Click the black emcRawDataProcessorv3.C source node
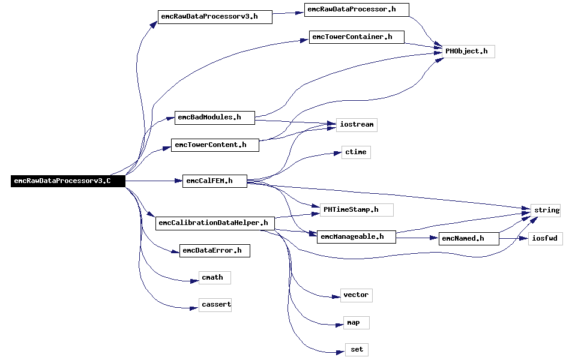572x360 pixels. click(x=68, y=181)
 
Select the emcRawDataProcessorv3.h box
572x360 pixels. click(x=215, y=17)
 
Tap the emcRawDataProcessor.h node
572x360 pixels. click(x=357, y=10)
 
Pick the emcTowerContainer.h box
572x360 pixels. click(x=357, y=37)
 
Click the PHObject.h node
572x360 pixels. click(x=468, y=52)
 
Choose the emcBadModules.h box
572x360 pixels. click(x=214, y=118)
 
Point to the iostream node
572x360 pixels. click(x=357, y=125)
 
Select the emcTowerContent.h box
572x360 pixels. click(x=215, y=145)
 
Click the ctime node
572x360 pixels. click(x=356, y=152)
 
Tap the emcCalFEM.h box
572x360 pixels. click(x=214, y=181)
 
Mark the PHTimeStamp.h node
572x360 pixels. click(x=357, y=210)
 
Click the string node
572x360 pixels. click(x=546, y=211)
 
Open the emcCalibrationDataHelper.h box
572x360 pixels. click(x=215, y=223)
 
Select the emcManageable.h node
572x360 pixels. click(x=357, y=237)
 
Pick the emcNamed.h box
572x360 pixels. click(x=469, y=239)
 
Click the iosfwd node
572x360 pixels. click(x=546, y=239)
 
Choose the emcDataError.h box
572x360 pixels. click(x=214, y=251)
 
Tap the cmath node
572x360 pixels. click(x=214, y=278)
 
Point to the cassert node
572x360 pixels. click(x=215, y=305)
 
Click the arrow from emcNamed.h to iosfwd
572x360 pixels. click(x=514, y=239)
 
